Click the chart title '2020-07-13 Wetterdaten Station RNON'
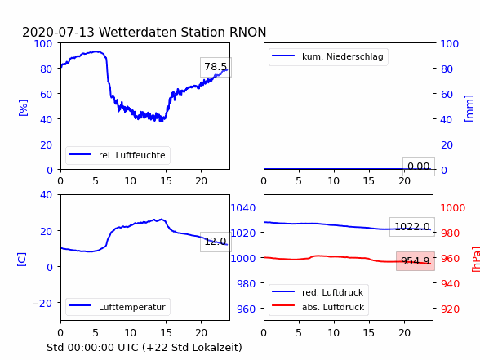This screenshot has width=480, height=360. click(x=144, y=32)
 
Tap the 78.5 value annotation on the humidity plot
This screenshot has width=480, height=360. click(x=216, y=67)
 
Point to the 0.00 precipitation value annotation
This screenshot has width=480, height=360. click(x=419, y=167)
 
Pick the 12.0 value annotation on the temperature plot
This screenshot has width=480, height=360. click(x=216, y=242)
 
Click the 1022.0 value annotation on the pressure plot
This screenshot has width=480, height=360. click(x=412, y=227)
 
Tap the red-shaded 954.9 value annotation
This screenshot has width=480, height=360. click(x=416, y=261)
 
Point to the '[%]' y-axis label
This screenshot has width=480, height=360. click(x=23, y=108)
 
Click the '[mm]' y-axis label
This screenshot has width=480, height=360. click(x=469, y=109)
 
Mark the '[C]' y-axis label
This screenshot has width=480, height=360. click(x=22, y=260)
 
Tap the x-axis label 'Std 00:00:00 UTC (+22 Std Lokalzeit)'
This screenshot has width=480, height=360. click(x=144, y=348)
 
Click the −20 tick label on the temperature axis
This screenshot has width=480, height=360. click(x=42, y=303)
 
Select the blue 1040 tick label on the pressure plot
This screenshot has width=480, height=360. click(x=243, y=208)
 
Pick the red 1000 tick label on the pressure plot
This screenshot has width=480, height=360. click(x=453, y=208)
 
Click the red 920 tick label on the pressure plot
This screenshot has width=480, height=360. click(x=450, y=309)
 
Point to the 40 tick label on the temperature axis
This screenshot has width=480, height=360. click(x=46, y=194)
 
